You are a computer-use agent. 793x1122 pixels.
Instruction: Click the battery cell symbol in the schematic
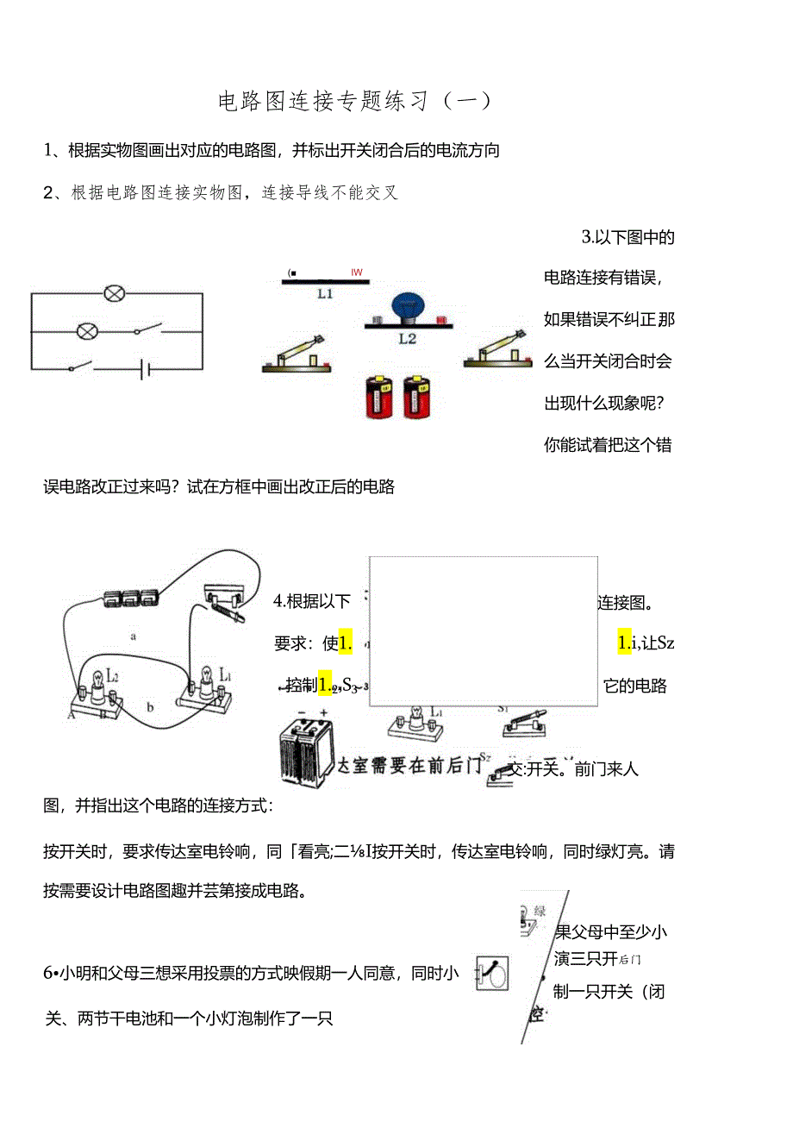pos(147,369)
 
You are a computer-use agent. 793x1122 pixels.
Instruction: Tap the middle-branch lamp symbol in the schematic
pos(87,331)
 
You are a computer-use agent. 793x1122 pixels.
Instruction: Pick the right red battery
pos(416,397)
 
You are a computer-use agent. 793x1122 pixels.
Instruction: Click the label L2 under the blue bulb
pos(407,339)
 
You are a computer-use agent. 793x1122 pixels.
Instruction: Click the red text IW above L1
pos(357,273)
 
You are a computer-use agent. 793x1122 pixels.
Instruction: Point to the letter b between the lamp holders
pos(149,707)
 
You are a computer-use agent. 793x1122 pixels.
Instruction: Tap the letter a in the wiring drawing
pos(133,636)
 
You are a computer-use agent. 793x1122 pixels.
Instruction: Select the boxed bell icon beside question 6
pos(492,973)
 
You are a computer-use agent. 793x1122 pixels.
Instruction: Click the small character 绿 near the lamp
pos(540,911)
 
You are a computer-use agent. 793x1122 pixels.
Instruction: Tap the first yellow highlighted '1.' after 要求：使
pos(346,642)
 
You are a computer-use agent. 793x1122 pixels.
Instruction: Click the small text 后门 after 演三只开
pos(631,959)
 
